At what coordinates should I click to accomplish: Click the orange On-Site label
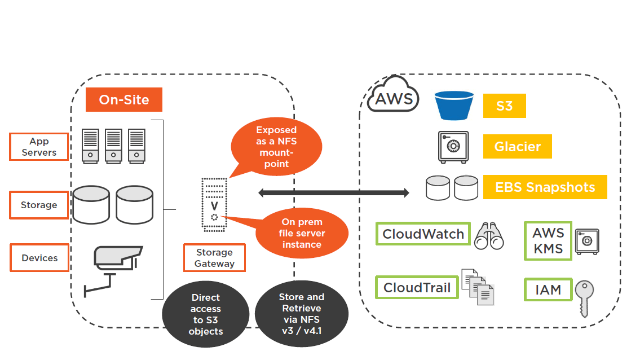click(124, 100)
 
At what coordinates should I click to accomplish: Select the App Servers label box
click(39, 147)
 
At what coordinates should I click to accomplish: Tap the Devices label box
click(39, 258)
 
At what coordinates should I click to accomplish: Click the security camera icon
click(115, 269)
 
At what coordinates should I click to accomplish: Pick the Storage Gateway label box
click(214, 258)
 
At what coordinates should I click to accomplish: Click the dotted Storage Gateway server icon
click(214, 204)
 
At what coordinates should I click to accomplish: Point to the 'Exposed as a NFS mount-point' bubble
click(276, 147)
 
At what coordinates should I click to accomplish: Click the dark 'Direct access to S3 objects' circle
click(206, 314)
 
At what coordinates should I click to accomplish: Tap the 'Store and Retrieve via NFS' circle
click(301, 314)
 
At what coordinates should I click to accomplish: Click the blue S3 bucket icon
click(454, 106)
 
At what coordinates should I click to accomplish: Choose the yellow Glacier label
click(517, 147)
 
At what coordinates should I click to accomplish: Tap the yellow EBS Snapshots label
click(545, 187)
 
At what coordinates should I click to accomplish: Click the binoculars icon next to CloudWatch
click(488, 236)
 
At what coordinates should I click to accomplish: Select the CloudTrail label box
click(417, 288)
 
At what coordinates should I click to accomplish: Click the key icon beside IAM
click(584, 297)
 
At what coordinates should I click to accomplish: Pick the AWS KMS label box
click(548, 240)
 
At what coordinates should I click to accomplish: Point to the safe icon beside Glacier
click(453, 147)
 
